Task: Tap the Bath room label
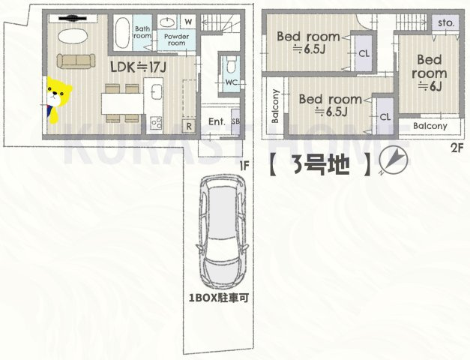[x=142, y=31]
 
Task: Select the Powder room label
[x=176, y=39]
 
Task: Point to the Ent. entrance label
[x=217, y=121]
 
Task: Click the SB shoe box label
[x=236, y=121]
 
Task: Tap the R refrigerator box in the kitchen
[x=189, y=125]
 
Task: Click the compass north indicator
[x=392, y=160]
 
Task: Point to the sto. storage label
[x=446, y=23]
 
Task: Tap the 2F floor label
[x=457, y=148]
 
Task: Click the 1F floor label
[x=244, y=164]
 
